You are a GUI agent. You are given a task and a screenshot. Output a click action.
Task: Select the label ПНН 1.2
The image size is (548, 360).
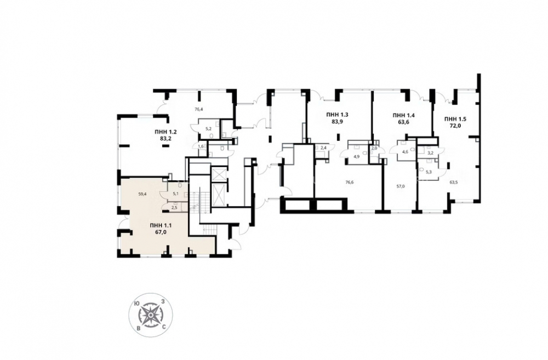pyautogui.click(x=165, y=132)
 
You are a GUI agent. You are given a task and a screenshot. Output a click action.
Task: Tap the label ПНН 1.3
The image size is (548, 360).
pyautogui.click(x=337, y=115)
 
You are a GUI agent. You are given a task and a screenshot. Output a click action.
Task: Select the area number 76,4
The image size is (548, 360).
pyautogui.click(x=198, y=109)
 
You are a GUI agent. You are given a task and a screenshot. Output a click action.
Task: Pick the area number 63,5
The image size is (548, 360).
pyautogui.click(x=454, y=182)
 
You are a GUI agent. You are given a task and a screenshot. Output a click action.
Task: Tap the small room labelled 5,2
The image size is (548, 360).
pyautogui.click(x=208, y=129)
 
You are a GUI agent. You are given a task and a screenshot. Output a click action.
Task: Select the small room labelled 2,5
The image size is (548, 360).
pyautogui.click(x=175, y=208)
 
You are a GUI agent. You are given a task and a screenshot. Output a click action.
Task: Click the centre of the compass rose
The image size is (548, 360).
pyautogui.click(x=150, y=315)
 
